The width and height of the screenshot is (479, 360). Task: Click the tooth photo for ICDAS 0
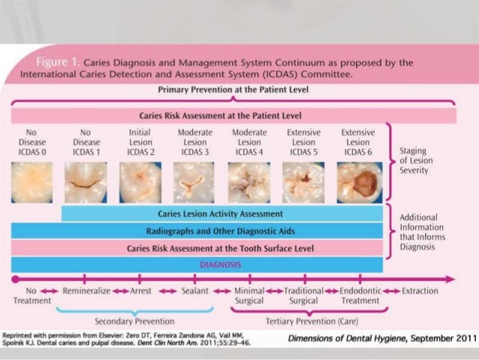point(32,182)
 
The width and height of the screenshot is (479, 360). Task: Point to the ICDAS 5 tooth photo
point(304,182)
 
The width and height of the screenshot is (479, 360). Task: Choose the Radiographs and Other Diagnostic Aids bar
point(215,231)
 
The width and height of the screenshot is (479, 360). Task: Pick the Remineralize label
point(87,290)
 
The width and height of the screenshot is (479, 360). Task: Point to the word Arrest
point(140,290)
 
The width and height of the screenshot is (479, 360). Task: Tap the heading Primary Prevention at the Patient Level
point(233,89)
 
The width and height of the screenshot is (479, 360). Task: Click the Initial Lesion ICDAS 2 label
point(139,143)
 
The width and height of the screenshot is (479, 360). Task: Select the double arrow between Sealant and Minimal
point(222,291)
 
